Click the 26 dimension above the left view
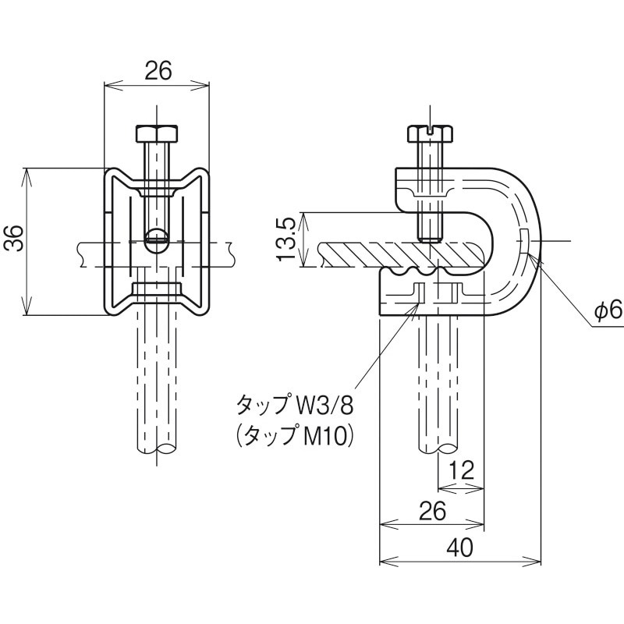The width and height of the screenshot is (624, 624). click(158, 71)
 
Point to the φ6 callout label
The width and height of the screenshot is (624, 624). click(607, 311)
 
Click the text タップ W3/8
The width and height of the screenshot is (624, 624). click(295, 405)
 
